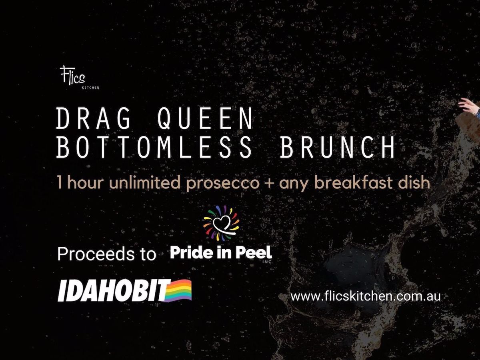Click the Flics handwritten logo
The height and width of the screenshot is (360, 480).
tap(73, 76)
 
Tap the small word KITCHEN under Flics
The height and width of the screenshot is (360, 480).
tap(90, 88)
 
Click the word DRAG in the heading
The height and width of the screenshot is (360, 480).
tap(93, 118)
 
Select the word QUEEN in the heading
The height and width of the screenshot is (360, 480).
tap(205, 119)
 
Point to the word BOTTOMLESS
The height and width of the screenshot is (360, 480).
tap(154, 147)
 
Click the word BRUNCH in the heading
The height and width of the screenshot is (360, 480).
tap(338, 147)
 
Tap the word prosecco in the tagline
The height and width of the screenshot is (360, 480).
tap(223, 183)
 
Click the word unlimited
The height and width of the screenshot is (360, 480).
tap(145, 182)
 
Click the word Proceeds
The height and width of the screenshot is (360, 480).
tap(95, 254)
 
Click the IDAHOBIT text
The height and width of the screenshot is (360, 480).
tap(113, 290)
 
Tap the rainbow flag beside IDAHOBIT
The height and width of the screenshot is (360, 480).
tap(178, 291)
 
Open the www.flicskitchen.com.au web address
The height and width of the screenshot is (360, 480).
tap(366, 297)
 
